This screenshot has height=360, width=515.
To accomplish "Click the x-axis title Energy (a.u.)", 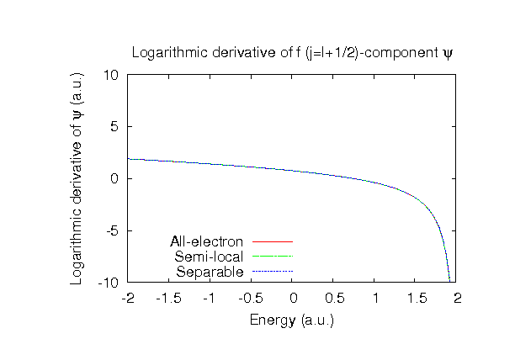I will pos(293,320).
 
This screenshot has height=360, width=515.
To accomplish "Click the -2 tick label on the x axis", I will pos(128,298).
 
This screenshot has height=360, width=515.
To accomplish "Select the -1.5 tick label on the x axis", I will pos(168,298).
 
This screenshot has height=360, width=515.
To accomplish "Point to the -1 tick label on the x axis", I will pos(210,298).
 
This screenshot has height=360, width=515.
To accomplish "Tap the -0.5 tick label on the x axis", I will pos(251,298).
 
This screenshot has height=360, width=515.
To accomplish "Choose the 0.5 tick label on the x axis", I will pos(334,298).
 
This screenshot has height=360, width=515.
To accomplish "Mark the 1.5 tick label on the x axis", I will pos(417,298).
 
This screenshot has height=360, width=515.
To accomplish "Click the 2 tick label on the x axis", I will pos(458,298).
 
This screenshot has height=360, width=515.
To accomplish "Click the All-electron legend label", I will pos(207,242).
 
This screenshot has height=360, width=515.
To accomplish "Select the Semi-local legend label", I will pos(209,257).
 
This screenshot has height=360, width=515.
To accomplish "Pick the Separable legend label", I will pos(210,272).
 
